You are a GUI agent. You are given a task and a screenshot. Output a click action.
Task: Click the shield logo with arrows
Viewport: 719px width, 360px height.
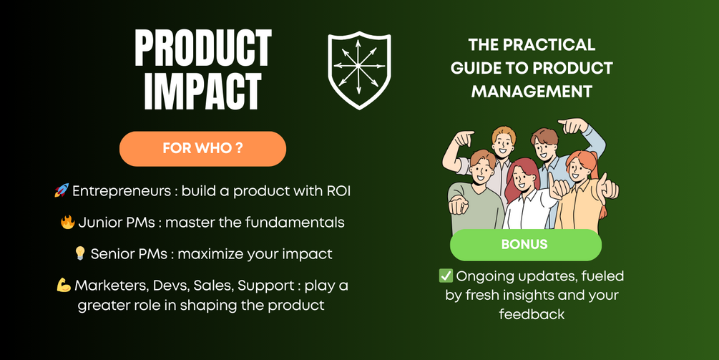pos(359,69)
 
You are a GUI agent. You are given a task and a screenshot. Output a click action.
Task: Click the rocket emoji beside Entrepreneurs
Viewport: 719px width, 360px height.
pos(62,190)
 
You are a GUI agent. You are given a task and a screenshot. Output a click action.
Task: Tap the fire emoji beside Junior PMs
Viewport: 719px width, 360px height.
pos(67,223)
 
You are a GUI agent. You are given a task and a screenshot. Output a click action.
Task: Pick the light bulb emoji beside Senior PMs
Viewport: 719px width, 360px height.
pos(80,253)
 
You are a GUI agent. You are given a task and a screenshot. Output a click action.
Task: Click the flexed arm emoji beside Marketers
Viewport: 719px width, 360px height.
pos(64,286)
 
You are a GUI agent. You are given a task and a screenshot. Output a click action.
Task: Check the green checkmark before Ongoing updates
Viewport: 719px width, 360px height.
pos(446,276)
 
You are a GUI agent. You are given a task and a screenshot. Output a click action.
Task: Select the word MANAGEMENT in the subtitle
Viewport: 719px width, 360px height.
pos(532,91)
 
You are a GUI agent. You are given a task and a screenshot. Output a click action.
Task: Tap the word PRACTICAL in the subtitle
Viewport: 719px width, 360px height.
pos(549,44)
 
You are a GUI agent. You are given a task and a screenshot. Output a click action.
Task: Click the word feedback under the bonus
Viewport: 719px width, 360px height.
pos(532,314)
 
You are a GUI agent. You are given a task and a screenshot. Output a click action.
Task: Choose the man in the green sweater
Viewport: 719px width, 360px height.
pos(476,193)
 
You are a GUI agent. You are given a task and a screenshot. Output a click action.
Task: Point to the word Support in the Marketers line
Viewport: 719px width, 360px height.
pos(266,286)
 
